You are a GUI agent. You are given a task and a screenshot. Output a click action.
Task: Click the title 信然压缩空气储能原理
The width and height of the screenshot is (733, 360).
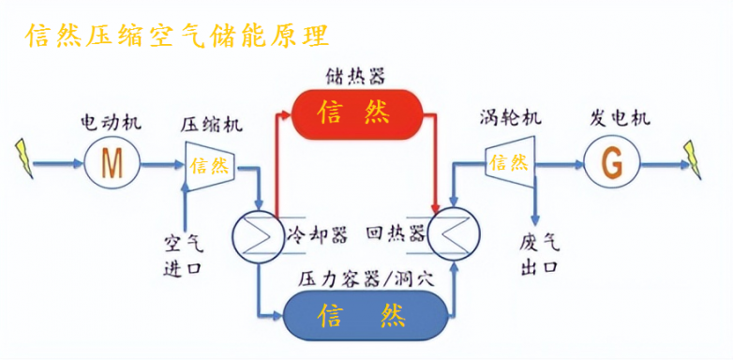(x=177, y=35)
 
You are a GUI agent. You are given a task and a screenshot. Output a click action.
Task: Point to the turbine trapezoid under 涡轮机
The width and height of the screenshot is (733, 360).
(x=509, y=163)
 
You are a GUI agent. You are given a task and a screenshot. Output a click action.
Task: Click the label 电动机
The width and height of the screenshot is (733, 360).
(x=112, y=122)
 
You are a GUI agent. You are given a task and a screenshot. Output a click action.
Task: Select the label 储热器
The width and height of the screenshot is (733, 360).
(x=356, y=74)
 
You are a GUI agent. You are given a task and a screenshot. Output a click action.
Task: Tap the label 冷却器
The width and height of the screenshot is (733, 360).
(x=310, y=231)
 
